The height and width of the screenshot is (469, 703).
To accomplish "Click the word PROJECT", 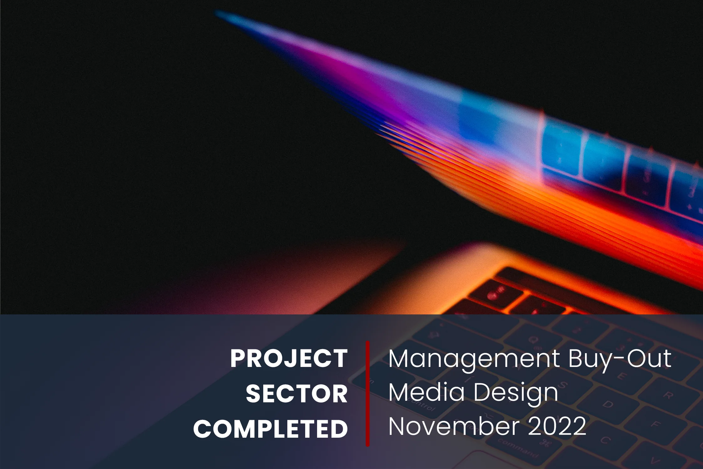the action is click(x=289, y=358).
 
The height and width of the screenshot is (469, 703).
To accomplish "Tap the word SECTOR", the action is click(x=297, y=394).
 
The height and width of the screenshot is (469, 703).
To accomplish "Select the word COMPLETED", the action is click(x=270, y=429).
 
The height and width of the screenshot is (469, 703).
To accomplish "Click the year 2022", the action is click(x=557, y=426).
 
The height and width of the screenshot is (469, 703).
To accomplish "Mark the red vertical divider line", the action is click(x=367, y=394).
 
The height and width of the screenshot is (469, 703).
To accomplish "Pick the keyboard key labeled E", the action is click(x=621, y=376).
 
